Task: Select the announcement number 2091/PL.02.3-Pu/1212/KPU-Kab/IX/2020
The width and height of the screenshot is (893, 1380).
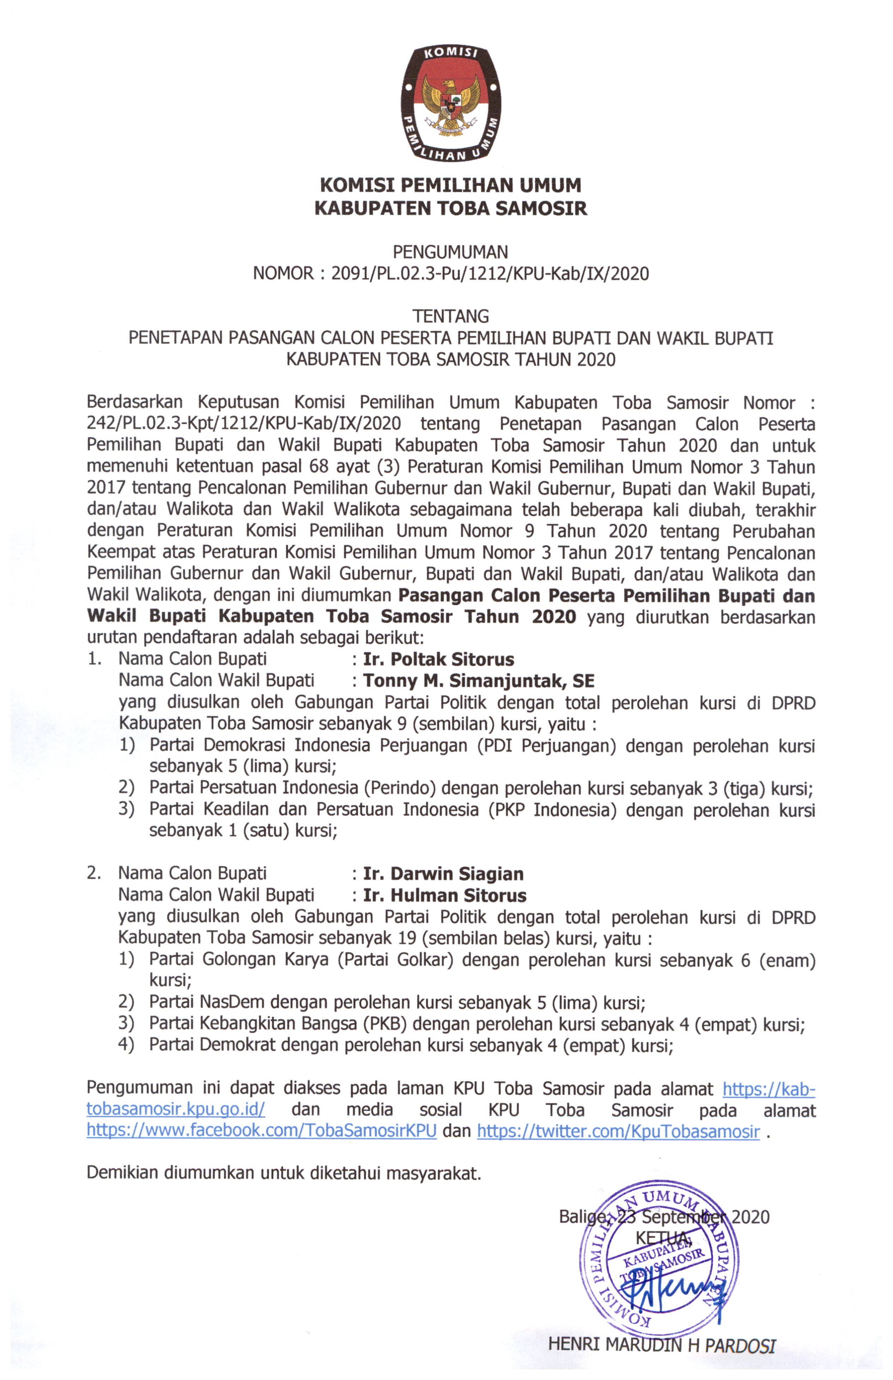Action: (490, 274)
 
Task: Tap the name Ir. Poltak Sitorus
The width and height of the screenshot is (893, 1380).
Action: (438, 659)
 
